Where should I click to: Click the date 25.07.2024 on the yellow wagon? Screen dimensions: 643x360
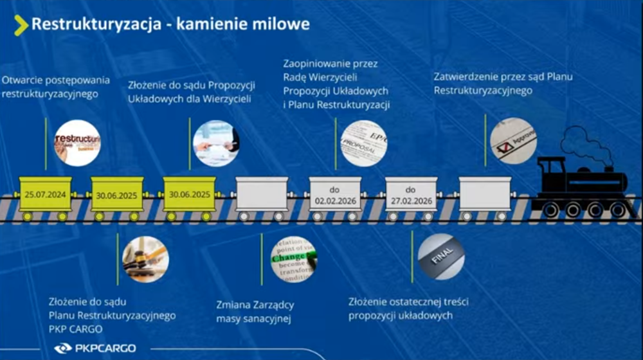[45, 195]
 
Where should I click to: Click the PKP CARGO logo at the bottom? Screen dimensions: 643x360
[95, 348]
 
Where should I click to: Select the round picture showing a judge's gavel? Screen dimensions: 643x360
[145, 259]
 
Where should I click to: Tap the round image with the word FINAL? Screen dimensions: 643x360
[441, 256]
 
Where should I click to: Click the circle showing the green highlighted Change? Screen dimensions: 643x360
[294, 260]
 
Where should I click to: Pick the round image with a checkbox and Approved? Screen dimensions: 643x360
[513, 141]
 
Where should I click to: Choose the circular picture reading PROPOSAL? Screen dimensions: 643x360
[364, 143]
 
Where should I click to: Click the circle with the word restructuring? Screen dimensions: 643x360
[77, 143]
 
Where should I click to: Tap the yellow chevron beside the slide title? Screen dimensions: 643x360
[21, 25]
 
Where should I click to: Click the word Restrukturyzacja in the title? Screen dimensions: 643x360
[96, 24]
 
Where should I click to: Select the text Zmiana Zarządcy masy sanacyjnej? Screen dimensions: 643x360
[255, 312]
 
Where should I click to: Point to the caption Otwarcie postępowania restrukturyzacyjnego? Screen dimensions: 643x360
[56, 87]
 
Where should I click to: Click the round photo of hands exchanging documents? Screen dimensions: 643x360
[216, 143]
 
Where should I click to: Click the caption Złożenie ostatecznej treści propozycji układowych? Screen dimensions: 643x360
[408, 309]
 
